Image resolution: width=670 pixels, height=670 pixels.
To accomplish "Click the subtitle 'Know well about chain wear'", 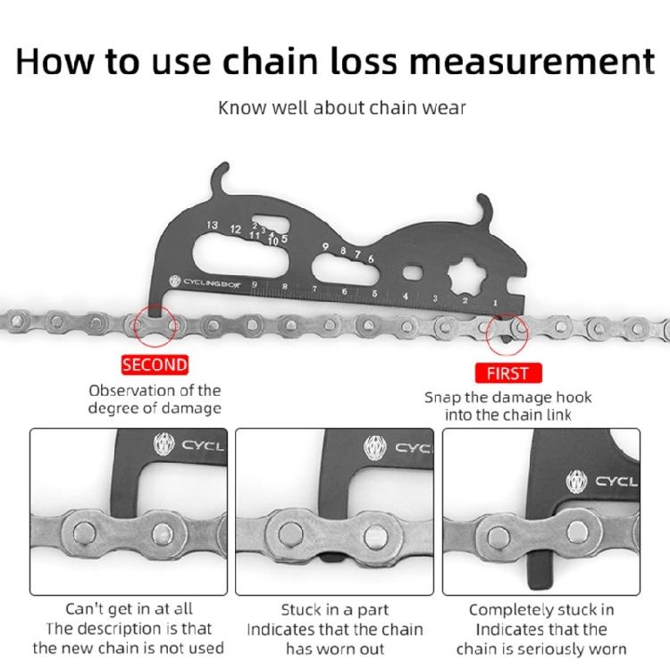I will [x=342, y=108].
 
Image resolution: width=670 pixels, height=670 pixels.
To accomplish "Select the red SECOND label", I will [x=155, y=364].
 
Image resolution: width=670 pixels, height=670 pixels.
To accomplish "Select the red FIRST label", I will [x=507, y=373].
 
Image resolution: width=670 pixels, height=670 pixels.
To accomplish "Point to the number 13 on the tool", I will [x=212, y=225].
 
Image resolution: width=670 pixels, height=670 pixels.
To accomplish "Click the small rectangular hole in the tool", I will [x=413, y=271].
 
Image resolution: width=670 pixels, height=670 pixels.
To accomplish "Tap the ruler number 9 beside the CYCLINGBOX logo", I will [x=255, y=285].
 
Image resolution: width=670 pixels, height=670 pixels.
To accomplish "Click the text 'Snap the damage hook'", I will [x=507, y=398].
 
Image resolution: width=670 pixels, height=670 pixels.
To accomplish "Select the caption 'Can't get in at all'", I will [x=128, y=609].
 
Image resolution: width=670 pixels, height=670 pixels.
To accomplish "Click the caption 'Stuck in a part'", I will [x=336, y=610].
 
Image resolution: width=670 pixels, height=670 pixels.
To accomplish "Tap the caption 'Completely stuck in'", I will [x=542, y=610].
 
